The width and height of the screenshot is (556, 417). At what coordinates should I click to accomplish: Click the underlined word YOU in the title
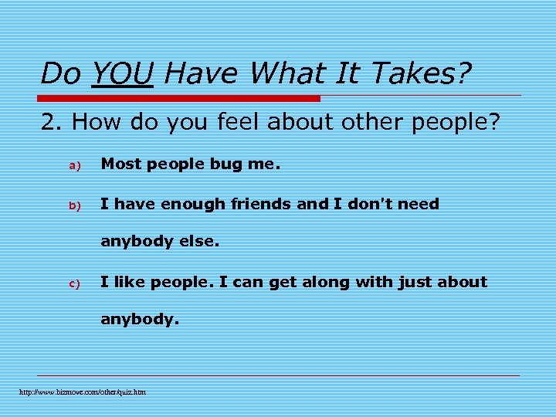point(121,74)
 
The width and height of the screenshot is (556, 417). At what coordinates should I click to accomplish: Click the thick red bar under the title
point(179,98)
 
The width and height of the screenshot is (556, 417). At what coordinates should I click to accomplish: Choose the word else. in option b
point(200,241)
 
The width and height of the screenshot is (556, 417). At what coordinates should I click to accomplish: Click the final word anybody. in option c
point(140,318)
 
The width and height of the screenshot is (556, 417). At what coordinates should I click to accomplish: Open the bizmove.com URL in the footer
point(83,392)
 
